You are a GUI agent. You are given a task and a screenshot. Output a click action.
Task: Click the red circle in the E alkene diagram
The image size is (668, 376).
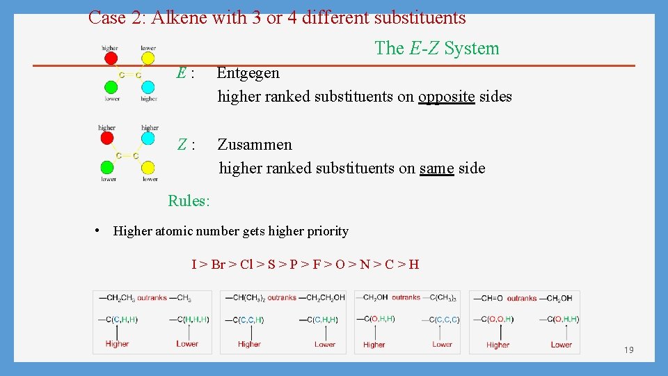pyautogui.click(x=110, y=61)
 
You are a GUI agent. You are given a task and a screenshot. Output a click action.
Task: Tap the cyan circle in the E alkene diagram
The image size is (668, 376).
pyautogui.click(x=148, y=87)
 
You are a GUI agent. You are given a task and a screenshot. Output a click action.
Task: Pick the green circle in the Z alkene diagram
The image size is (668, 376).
pyautogui.click(x=107, y=167)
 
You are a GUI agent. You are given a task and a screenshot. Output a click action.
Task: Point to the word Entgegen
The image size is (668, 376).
pyautogui.click(x=248, y=73)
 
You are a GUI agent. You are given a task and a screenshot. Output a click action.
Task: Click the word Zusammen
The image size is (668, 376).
pyautogui.click(x=255, y=145)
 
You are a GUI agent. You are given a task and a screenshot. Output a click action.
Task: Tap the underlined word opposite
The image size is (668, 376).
pyautogui.click(x=446, y=97)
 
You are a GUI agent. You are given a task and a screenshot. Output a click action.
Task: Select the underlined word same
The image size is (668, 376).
pyautogui.click(x=436, y=169)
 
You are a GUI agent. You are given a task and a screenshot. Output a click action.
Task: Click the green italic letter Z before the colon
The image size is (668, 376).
pyautogui.click(x=182, y=145)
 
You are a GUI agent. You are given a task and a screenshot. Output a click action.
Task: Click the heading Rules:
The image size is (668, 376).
pyautogui.click(x=189, y=201)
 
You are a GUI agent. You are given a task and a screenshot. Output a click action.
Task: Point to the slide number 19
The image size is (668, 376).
pyautogui.click(x=628, y=350)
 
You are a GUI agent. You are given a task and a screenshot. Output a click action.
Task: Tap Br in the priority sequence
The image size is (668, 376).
pyautogui.click(x=218, y=265)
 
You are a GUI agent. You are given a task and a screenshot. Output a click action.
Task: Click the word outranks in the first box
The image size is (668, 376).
pyautogui.click(x=152, y=298)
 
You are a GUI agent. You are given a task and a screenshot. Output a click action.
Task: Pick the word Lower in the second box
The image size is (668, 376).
pyautogui.click(x=325, y=344)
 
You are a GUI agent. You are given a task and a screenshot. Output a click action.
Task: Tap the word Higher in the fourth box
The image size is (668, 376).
pyautogui.click(x=498, y=344)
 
